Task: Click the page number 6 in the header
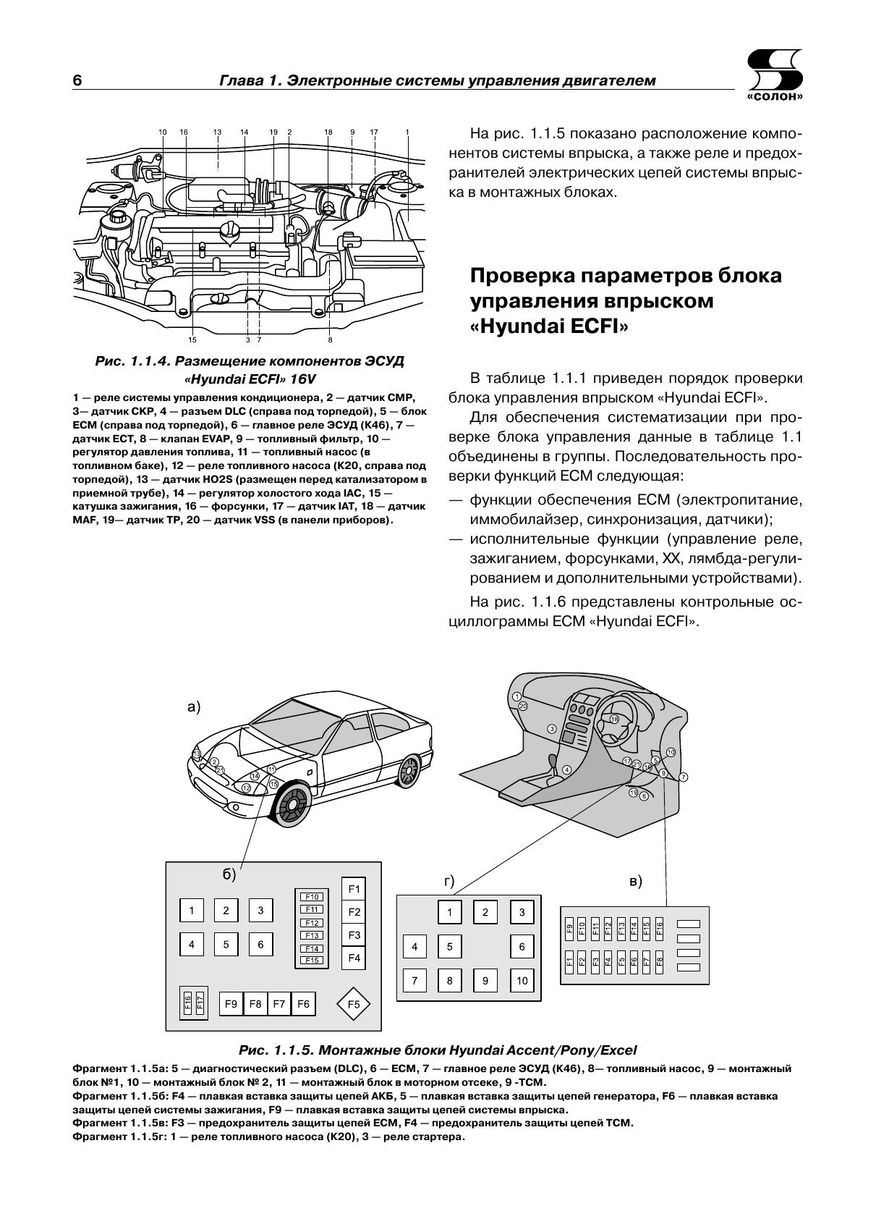[x=77, y=80]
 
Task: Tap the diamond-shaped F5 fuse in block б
[x=354, y=1005]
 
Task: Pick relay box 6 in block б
[x=260, y=944]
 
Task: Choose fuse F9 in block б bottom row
[x=231, y=1004]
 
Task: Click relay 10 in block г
[x=522, y=981]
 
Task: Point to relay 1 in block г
[x=449, y=912]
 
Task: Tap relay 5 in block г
[x=449, y=946]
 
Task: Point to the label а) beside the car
[x=193, y=707]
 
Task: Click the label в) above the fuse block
[x=636, y=881]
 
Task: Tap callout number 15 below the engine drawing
[x=192, y=339]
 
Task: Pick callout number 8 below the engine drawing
[x=330, y=339]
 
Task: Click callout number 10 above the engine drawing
[x=162, y=132]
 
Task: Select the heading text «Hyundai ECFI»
[x=550, y=326]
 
